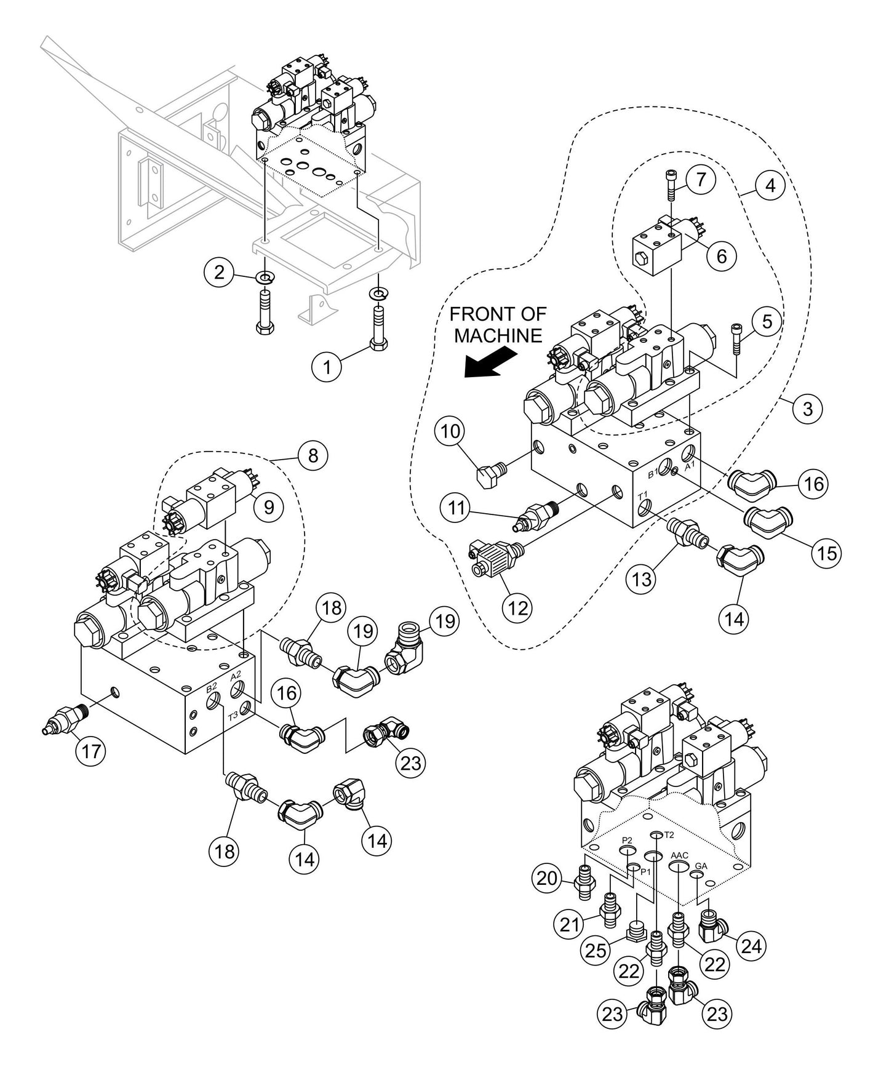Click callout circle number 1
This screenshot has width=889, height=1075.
coord(327,367)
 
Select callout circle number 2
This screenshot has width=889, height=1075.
coord(220,272)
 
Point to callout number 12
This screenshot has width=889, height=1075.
coord(518,607)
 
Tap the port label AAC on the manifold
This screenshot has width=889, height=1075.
coord(679,855)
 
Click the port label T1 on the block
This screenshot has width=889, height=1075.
coord(642,495)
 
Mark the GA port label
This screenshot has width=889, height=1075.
coord(701,866)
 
